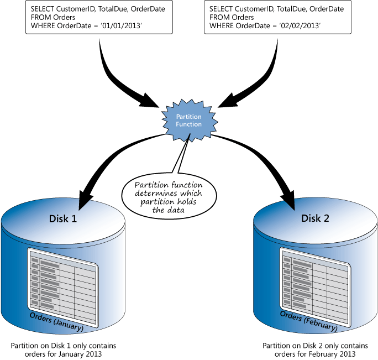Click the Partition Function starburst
pos(188,121)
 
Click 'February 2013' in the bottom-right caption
pos(333,354)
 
